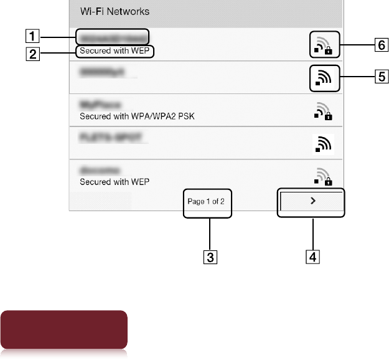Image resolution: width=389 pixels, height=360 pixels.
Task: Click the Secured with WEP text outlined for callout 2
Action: (116, 51)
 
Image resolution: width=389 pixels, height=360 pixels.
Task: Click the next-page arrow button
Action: (312, 201)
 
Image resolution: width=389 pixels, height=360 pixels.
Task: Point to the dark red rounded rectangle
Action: (67, 330)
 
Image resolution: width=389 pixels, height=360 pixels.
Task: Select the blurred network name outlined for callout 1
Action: (112, 36)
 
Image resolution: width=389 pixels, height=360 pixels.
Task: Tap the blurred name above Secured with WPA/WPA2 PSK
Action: (100, 103)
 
